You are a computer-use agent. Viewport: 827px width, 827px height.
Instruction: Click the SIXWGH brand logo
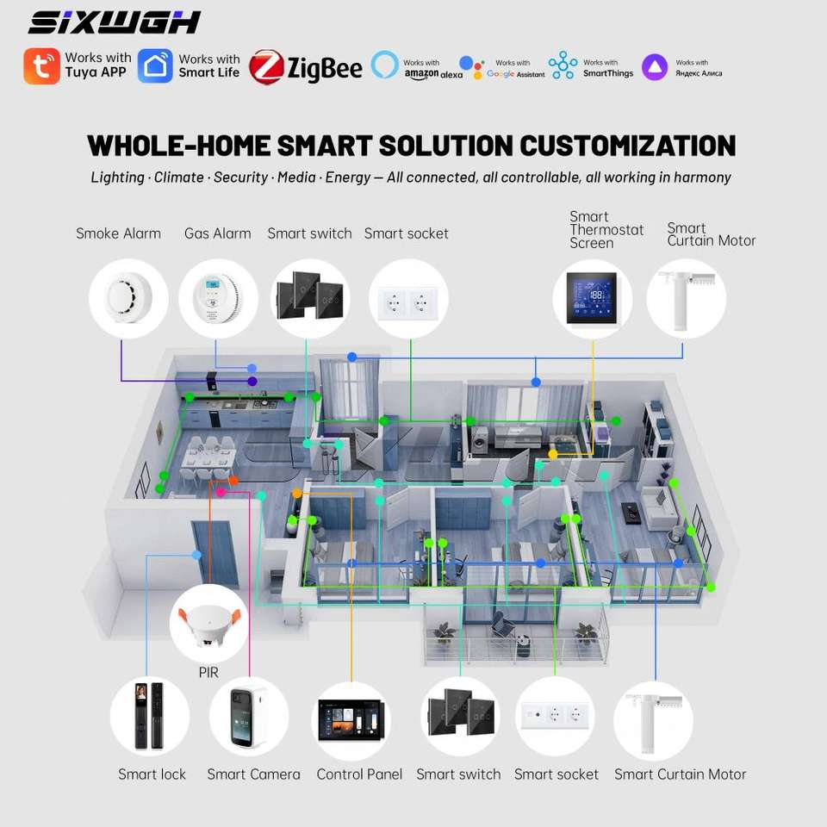[x=115, y=22]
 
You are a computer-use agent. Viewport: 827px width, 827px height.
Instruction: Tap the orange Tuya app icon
[x=41, y=66]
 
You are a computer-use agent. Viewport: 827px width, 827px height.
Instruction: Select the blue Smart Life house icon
[x=155, y=66]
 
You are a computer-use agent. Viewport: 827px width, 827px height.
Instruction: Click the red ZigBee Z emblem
[x=266, y=67]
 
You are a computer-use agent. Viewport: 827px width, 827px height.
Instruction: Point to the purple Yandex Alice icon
[x=655, y=67]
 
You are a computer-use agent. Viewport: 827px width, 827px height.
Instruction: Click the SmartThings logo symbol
[x=563, y=65]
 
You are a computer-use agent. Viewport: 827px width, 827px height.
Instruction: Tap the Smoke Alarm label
[x=119, y=233]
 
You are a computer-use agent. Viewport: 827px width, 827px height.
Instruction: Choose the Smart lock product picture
[x=150, y=716]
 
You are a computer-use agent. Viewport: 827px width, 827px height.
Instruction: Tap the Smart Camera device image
[x=248, y=718]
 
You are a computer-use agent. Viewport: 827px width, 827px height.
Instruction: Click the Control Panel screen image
[x=351, y=720]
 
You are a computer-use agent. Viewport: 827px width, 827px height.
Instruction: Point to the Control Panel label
[x=359, y=774]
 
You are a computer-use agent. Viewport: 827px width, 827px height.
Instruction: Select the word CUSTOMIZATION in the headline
[x=628, y=146]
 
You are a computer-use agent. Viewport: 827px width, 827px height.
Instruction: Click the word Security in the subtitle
[x=241, y=177]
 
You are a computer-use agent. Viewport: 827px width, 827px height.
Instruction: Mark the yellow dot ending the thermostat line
[x=553, y=454]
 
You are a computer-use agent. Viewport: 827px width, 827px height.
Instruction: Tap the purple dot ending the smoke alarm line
[x=252, y=381]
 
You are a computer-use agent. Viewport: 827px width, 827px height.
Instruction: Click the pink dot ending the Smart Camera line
[x=221, y=492]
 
